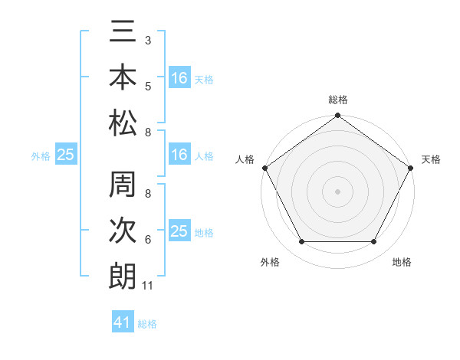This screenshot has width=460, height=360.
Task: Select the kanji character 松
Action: tap(123, 123)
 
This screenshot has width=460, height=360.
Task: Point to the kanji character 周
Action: tap(123, 186)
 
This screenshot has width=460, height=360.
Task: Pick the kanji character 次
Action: tap(123, 231)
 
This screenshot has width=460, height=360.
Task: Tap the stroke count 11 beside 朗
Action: tap(148, 286)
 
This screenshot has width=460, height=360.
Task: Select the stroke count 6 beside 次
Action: tap(148, 241)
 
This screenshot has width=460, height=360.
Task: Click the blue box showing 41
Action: tap(123, 322)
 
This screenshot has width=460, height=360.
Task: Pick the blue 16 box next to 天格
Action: tap(179, 77)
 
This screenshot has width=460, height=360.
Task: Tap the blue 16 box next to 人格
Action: tap(179, 155)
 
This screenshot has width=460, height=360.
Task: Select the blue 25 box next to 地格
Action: tap(179, 231)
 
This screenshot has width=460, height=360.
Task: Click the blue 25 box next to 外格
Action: tap(66, 155)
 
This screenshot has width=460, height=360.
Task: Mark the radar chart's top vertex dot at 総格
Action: tap(337, 116)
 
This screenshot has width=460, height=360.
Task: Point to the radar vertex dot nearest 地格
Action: tap(374, 242)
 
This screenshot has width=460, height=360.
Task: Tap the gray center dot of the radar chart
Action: tap(337, 191)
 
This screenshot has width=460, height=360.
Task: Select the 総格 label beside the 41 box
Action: tap(147, 324)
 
